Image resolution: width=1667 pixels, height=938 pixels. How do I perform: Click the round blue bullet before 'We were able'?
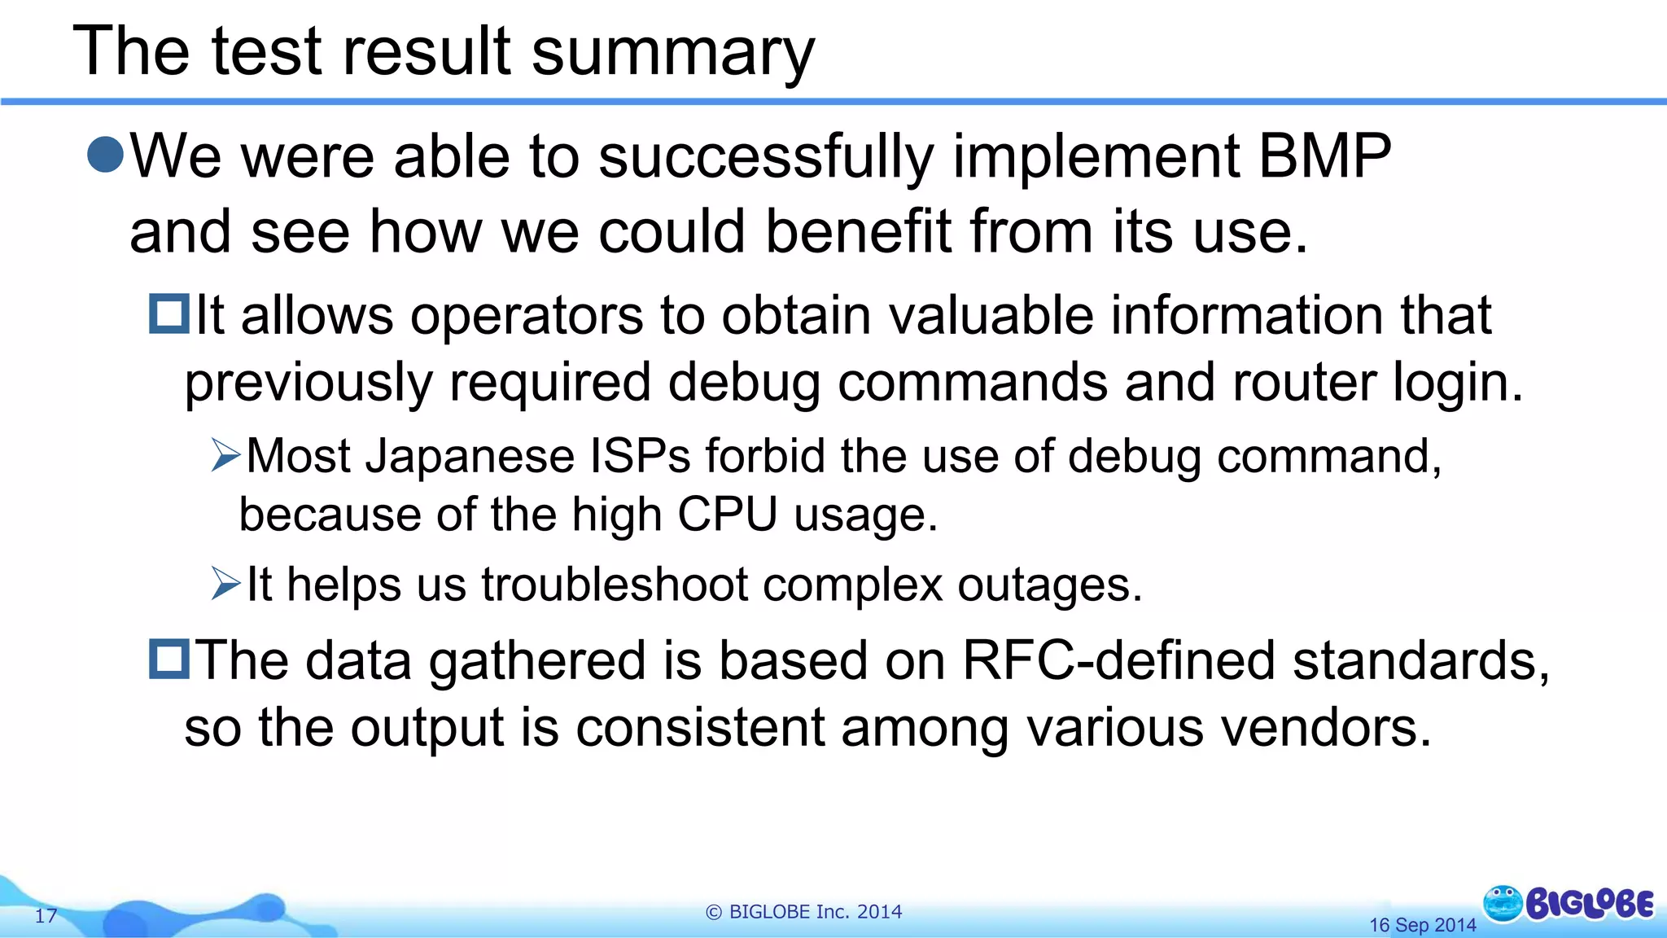pyautogui.click(x=105, y=154)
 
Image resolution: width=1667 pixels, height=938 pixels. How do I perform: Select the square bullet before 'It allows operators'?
pyautogui.click(x=169, y=314)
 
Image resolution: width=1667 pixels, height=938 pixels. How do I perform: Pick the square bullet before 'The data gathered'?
pyautogui.click(x=169, y=659)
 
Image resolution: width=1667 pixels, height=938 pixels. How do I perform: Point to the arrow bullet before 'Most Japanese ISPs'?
pyautogui.click(x=225, y=455)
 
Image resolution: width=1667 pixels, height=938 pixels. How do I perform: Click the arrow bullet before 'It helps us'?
pyautogui.click(x=225, y=583)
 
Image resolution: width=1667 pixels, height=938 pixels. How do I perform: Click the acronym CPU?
pyautogui.click(x=727, y=515)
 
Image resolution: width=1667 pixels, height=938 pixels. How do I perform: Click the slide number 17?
pyautogui.click(x=46, y=916)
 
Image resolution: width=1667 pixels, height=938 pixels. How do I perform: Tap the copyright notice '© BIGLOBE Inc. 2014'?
pyautogui.click(x=804, y=912)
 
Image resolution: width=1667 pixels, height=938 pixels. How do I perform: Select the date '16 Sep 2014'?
pyautogui.click(x=1422, y=925)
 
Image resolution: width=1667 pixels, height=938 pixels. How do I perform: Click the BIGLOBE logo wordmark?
pyautogui.click(x=1590, y=905)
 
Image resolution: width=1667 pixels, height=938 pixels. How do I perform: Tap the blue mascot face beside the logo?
pyautogui.click(x=1503, y=903)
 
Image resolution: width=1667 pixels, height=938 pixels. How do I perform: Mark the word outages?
pyautogui.click(x=1050, y=585)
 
